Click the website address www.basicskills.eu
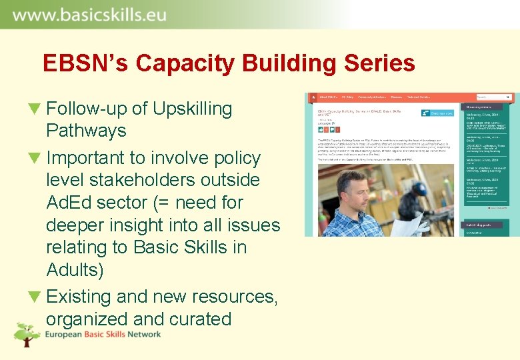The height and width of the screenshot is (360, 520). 89,13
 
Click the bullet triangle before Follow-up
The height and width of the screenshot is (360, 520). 35,109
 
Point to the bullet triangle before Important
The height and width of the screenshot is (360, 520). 35,159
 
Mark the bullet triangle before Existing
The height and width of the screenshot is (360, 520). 35,297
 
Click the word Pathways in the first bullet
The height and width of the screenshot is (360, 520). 86,131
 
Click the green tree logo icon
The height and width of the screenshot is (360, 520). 27,333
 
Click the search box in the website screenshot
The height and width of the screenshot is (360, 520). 493,98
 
